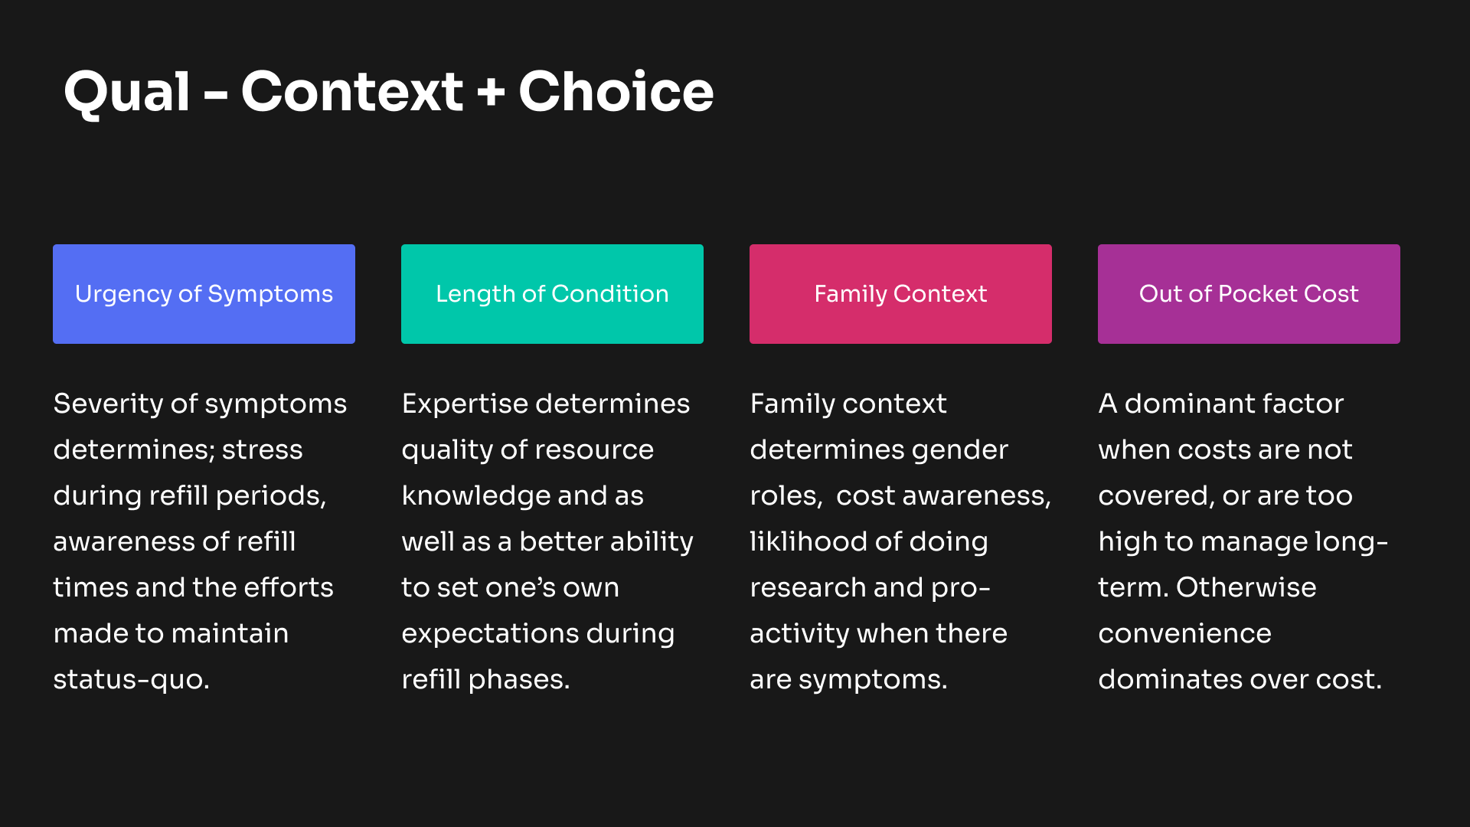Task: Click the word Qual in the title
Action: point(127,93)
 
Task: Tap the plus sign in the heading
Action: point(491,93)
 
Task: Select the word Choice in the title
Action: point(616,92)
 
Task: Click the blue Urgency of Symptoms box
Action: point(204,294)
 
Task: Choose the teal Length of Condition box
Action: point(552,294)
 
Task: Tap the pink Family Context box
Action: point(900,294)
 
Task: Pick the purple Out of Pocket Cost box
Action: point(1249,294)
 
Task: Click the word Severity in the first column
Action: point(107,405)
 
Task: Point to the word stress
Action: point(262,450)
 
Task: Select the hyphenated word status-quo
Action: point(131,681)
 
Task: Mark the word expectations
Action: point(490,634)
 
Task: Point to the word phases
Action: point(519,681)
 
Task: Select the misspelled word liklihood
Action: point(808,542)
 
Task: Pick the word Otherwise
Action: point(1246,588)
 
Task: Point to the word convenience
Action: point(1184,634)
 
